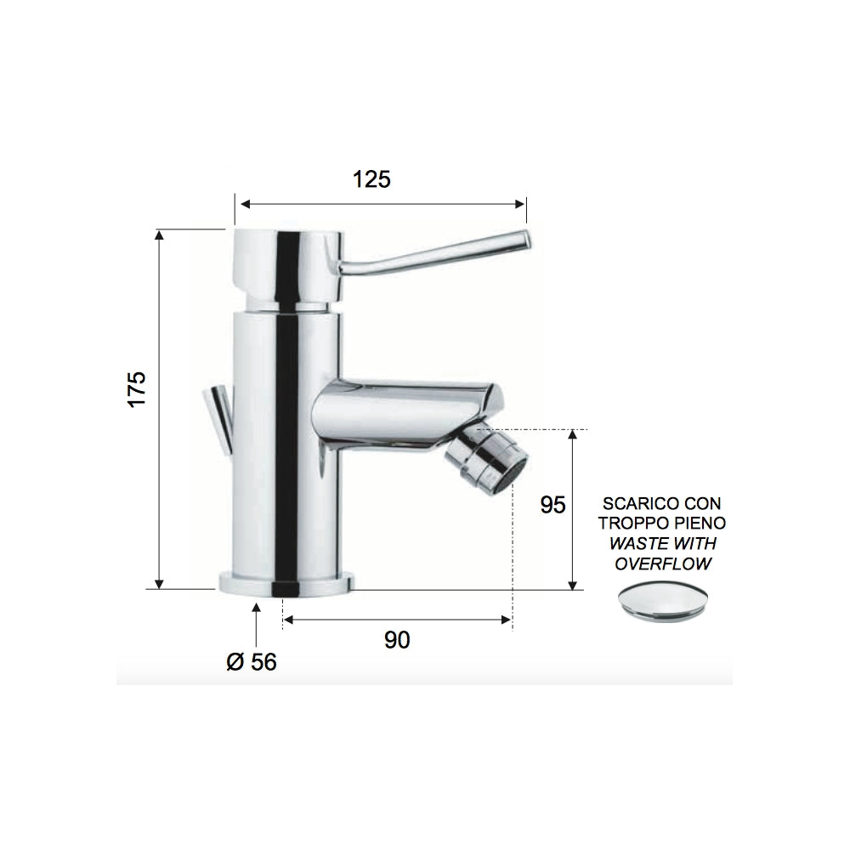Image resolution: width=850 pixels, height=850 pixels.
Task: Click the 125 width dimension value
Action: point(371,179)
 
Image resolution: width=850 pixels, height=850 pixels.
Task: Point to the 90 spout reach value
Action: point(396,640)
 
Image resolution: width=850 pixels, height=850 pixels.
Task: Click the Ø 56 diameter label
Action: point(252,660)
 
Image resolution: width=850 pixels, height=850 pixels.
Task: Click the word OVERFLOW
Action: point(664,563)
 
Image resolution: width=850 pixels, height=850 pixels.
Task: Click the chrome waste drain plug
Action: point(662,603)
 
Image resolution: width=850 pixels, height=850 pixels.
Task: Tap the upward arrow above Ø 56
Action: point(258,609)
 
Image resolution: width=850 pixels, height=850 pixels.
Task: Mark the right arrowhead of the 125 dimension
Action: point(522,204)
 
